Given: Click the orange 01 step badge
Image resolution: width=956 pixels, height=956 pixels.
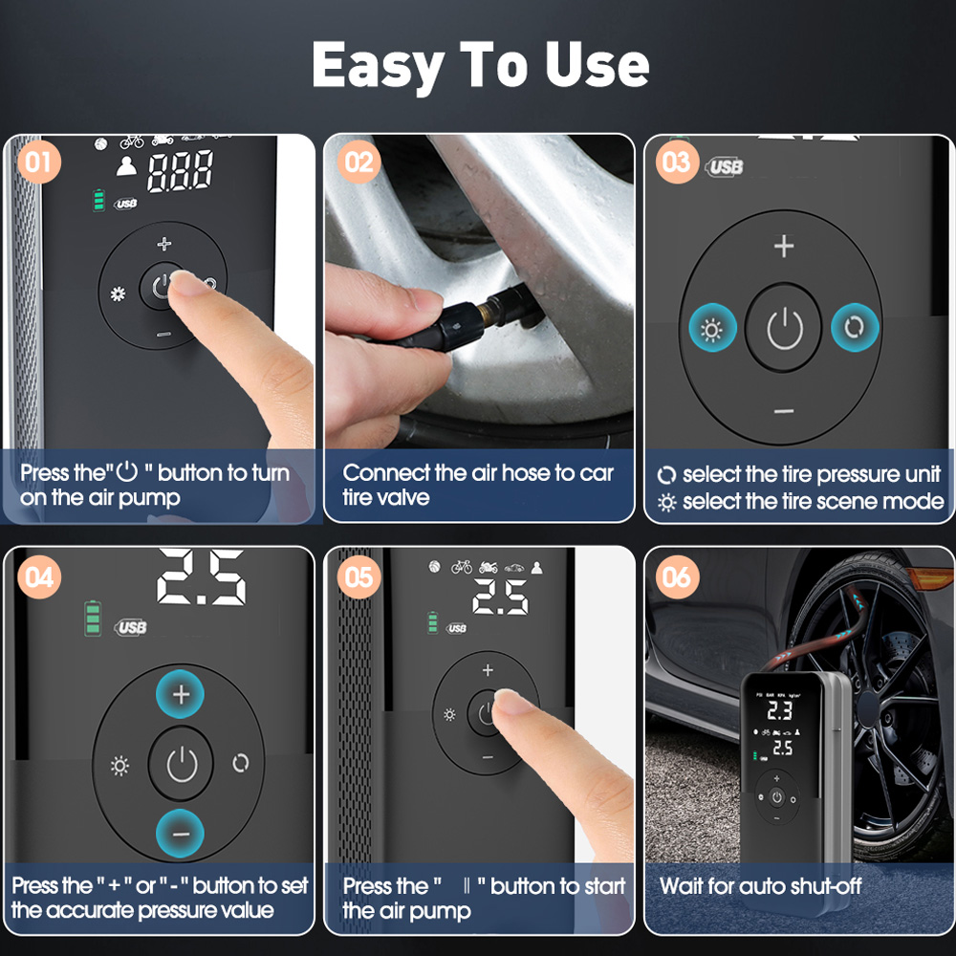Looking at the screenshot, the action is click(x=39, y=163).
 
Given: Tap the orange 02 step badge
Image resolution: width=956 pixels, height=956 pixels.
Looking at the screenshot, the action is click(x=359, y=163).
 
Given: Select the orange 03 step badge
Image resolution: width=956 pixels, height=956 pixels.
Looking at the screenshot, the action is click(x=677, y=163).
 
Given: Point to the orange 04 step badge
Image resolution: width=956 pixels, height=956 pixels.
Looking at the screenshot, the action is click(x=39, y=576).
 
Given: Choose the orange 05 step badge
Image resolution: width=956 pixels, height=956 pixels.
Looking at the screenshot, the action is click(x=359, y=576).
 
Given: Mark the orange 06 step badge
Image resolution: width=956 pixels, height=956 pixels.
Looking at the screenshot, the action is click(x=677, y=576).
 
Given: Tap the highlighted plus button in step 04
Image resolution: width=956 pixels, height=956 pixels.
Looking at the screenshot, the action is click(x=181, y=694).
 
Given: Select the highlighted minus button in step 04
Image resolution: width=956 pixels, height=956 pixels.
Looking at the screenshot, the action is click(x=181, y=834).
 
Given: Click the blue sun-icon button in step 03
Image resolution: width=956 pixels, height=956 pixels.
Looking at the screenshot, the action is click(x=712, y=328).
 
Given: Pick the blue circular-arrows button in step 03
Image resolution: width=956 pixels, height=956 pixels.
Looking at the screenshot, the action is click(x=855, y=327).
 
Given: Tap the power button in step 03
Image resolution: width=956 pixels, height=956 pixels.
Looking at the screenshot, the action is click(x=784, y=328).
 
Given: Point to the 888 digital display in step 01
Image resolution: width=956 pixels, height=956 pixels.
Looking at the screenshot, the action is click(x=181, y=171).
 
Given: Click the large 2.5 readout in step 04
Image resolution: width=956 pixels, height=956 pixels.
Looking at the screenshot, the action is click(x=201, y=577).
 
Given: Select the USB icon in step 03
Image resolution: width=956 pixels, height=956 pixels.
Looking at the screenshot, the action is click(x=725, y=166).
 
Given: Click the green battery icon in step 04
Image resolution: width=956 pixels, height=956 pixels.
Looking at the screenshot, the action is click(x=93, y=619).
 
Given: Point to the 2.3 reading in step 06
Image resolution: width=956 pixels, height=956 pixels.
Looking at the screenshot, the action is click(x=780, y=710).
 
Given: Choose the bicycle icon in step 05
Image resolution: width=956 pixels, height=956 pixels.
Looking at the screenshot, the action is click(x=462, y=568).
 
